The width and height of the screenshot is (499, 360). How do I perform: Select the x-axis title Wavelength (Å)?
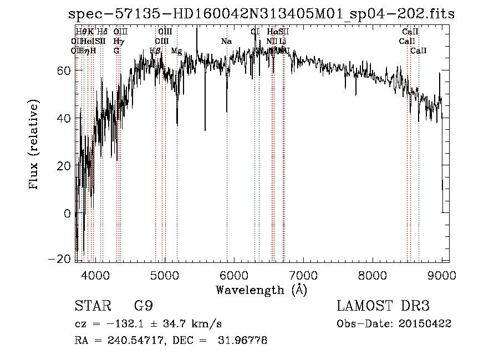click(x=261, y=290)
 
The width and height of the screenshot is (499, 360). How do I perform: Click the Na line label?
click(x=226, y=42)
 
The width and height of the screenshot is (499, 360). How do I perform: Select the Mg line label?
click(x=176, y=51)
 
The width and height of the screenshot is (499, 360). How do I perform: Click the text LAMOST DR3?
click(x=383, y=307)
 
